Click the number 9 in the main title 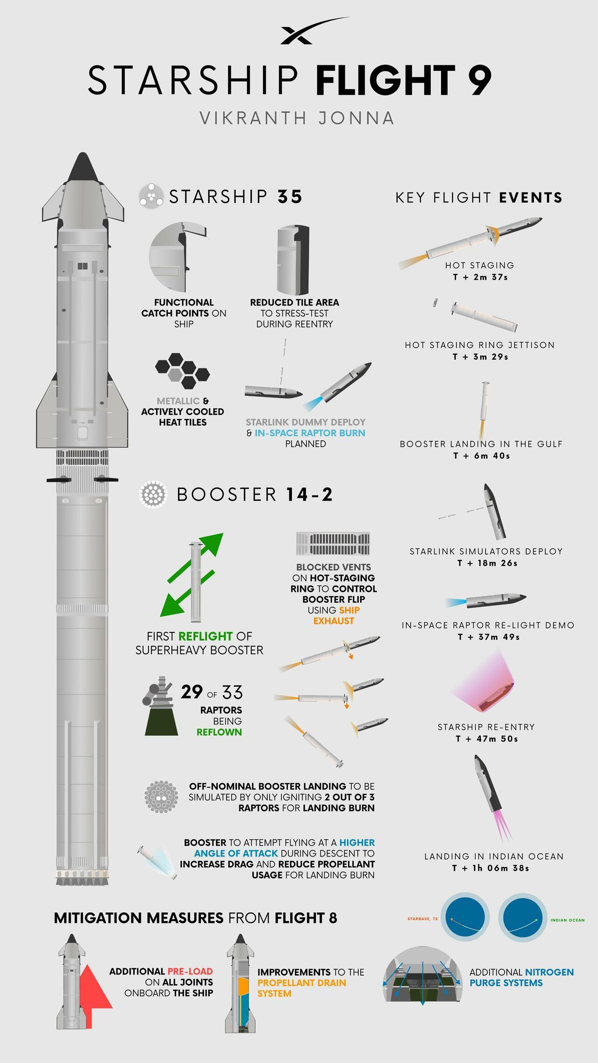478,80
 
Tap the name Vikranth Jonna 297,118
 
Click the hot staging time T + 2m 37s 480,277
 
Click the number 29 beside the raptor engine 192,692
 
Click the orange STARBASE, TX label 423,919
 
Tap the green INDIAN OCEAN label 568,920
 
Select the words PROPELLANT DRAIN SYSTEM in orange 301,988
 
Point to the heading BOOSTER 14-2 255,494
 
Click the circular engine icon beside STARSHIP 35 151,197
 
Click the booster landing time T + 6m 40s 482,456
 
